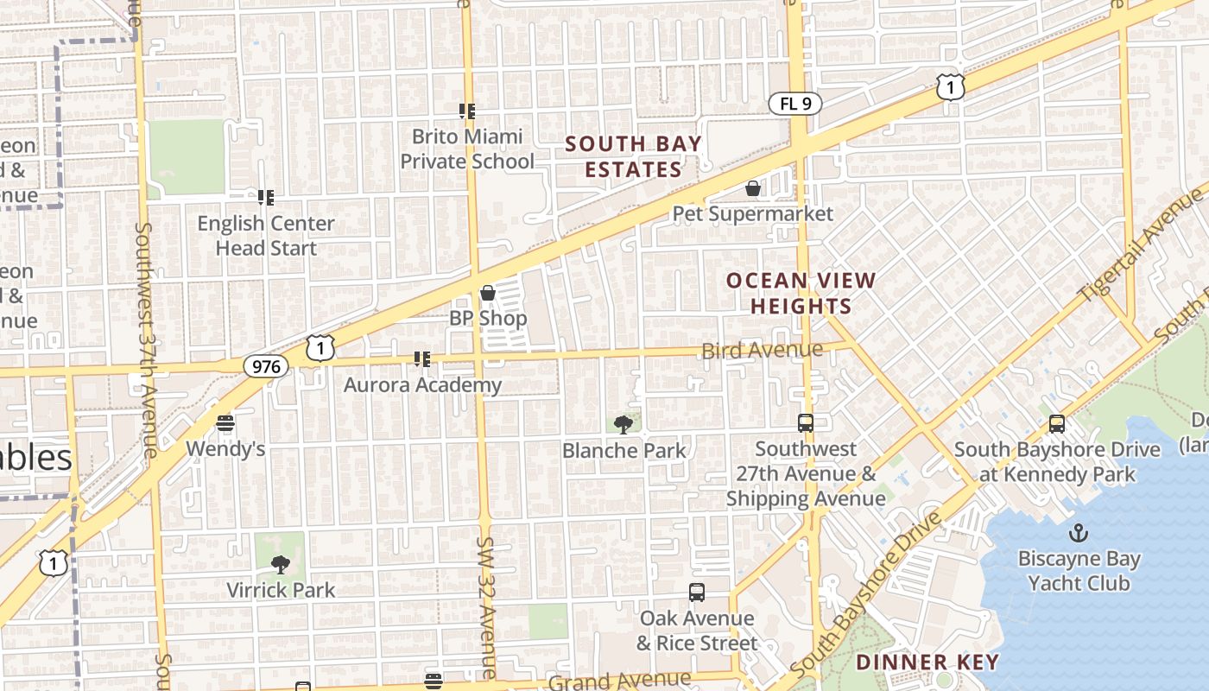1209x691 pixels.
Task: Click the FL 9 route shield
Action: click(794, 105)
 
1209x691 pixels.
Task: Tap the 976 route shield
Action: click(266, 366)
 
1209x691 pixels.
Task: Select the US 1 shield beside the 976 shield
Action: click(320, 348)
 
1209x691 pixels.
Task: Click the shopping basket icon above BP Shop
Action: click(488, 293)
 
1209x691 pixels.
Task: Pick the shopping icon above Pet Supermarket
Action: click(753, 188)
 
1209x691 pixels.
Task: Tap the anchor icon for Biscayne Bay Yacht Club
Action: click(1078, 533)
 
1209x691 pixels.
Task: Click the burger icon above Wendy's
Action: click(225, 423)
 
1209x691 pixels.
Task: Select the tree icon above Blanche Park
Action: click(623, 424)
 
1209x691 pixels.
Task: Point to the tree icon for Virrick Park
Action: click(280, 564)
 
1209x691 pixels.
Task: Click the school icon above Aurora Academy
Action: click(422, 358)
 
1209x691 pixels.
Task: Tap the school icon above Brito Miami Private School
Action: click(467, 111)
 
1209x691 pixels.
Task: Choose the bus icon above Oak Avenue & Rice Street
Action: click(697, 593)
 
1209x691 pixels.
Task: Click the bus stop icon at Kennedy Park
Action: click(1056, 424)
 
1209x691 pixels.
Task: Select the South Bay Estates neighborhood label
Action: click(634, 156)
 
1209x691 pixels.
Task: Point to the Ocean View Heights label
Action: click(801, 293)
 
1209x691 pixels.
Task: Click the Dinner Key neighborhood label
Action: click(927, 662)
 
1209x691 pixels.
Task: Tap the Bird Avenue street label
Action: click(762, 350)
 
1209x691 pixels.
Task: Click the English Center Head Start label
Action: click(266, 235)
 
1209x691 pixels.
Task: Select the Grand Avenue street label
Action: click(619, 681)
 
